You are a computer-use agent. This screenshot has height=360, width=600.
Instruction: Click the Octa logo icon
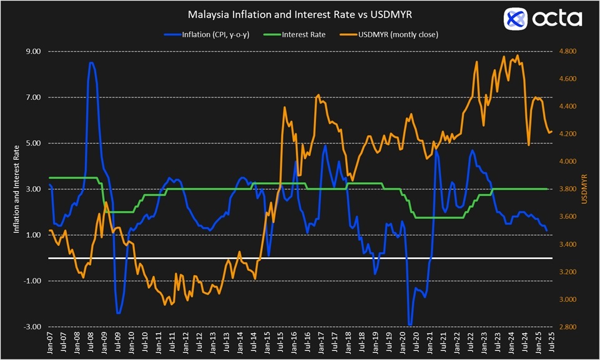(x=517, y=19)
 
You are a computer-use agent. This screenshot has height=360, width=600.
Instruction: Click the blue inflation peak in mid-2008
(x=92, y=63)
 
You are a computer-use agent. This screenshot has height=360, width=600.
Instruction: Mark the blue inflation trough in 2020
(x=410, y=324)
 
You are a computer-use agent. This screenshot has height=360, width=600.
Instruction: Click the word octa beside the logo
(x=557, y=19)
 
